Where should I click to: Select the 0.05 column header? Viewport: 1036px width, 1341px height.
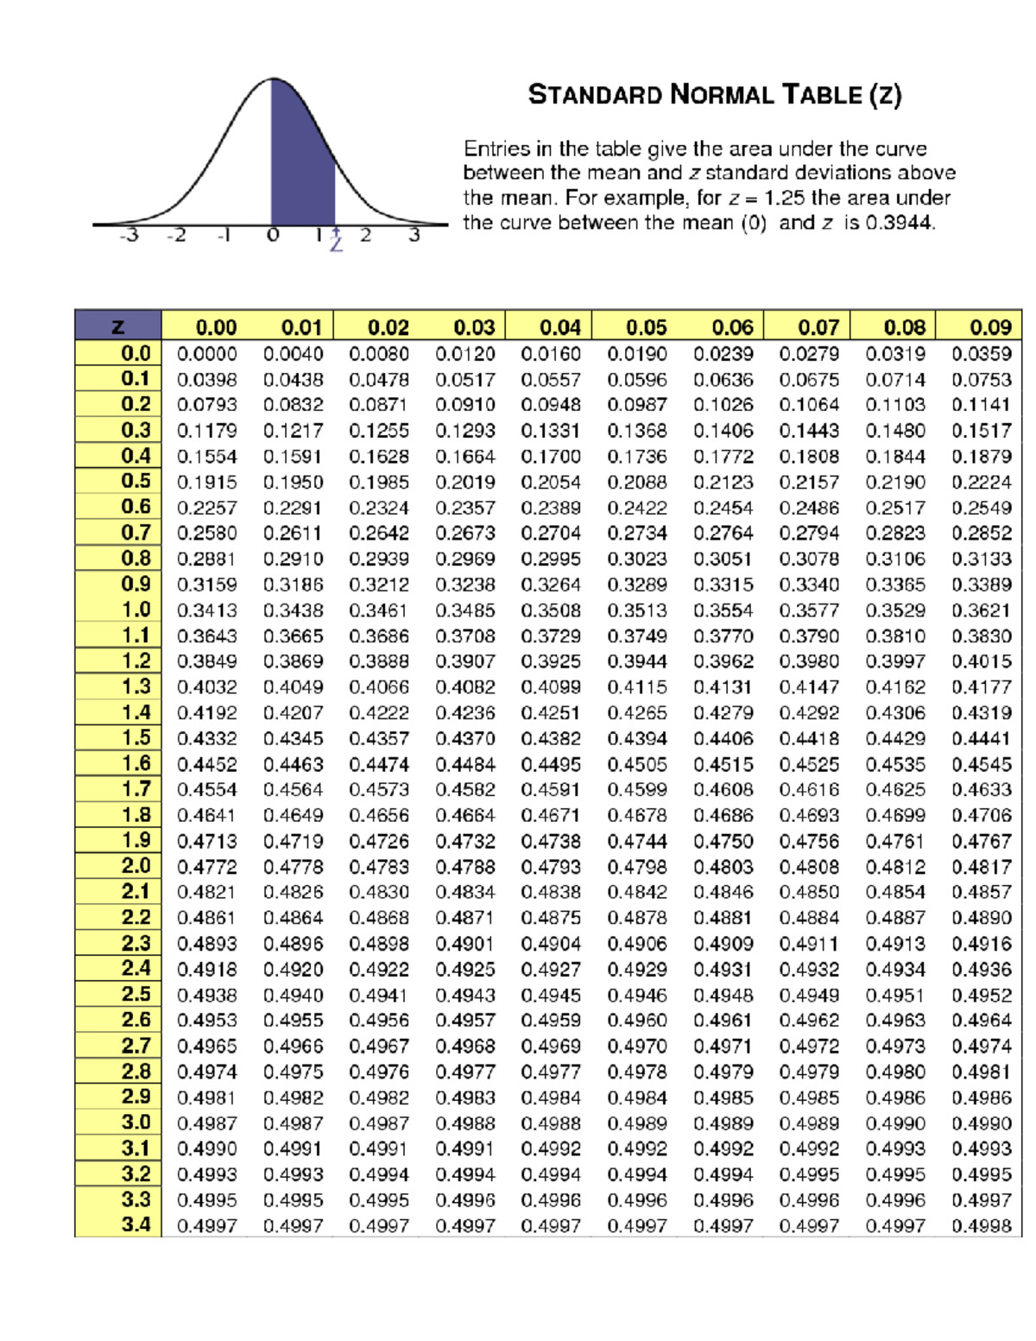646,327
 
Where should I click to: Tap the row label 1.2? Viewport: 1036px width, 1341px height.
136,661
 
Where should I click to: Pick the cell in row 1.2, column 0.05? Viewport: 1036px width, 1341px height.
636,661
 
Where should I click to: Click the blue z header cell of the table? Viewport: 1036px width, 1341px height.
118,326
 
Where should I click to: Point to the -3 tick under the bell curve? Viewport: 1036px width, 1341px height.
129,235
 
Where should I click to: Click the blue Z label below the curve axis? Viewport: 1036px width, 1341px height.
336,244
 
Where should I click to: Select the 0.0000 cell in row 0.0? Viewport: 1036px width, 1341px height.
206,354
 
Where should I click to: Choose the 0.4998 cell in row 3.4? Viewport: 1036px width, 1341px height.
981,1225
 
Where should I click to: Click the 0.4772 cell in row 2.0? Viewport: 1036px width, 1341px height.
206,867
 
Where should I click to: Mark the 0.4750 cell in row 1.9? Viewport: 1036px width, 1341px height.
723,841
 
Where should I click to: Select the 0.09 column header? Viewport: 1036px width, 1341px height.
989,327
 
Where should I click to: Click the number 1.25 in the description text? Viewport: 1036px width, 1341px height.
784,198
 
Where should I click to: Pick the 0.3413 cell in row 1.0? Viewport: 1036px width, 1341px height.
206,610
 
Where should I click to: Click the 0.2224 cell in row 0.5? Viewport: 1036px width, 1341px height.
981,482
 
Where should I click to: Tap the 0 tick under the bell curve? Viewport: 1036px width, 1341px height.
273,235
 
